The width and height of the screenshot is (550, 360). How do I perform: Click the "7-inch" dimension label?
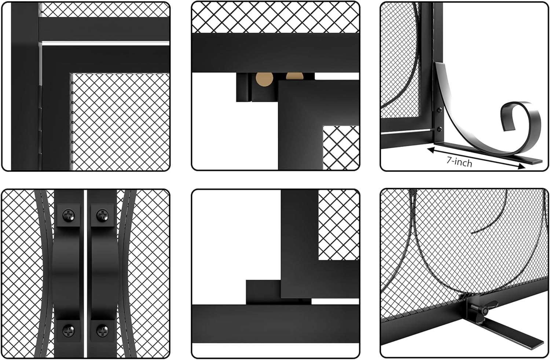pos(459,161)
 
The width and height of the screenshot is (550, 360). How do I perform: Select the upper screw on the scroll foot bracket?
pos(439,109)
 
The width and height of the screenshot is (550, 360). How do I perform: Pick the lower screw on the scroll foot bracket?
pos(439,129)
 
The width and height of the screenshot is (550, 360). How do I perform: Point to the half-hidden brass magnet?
pos(294,76)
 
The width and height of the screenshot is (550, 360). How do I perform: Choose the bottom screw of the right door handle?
pos(102,331)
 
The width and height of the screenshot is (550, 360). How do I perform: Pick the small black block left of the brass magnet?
pos(243,88)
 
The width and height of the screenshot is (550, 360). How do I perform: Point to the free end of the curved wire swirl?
pos(472,232)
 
